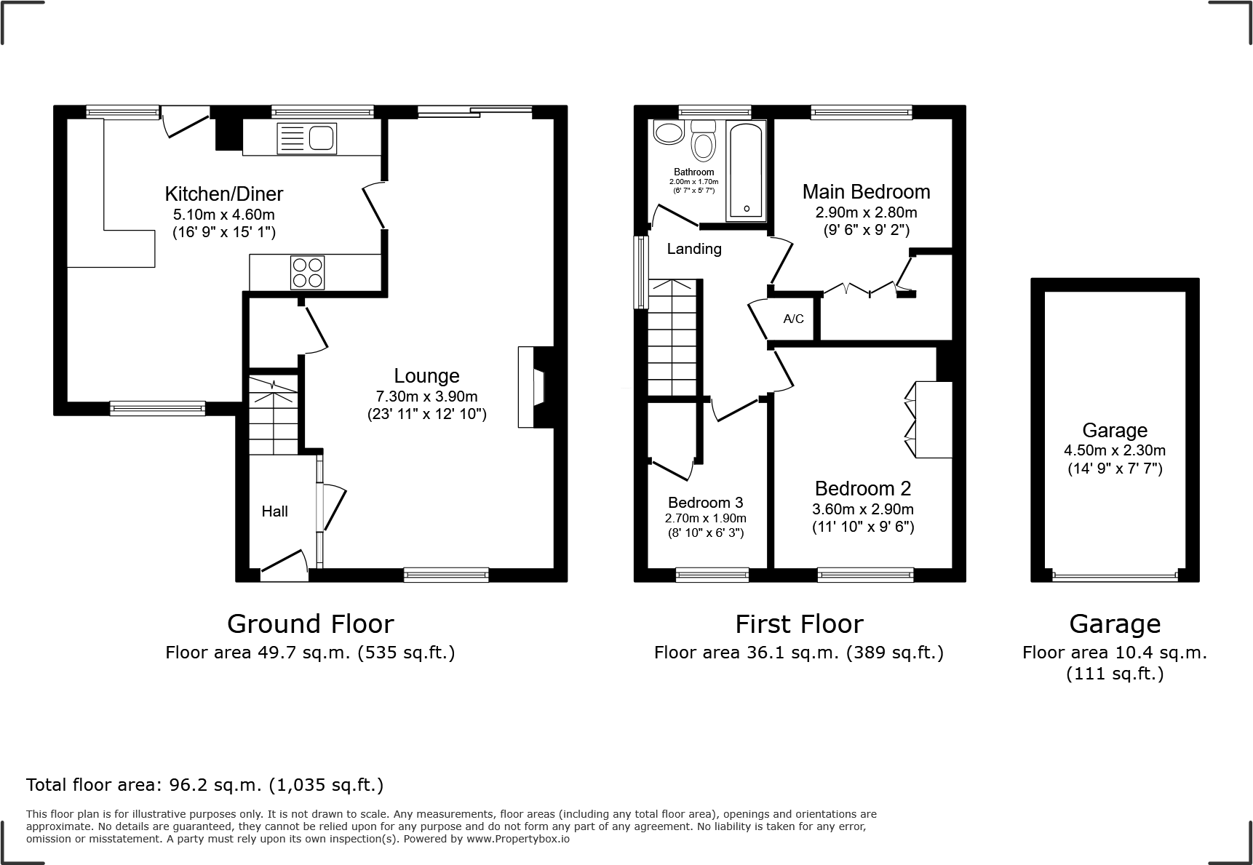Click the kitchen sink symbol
click(x=307, y=138)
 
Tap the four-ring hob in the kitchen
click(x=307, y=273)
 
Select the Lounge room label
click(x=426, y=376)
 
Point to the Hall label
click(x=274, y=511)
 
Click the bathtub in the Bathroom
click(x=747, y=170)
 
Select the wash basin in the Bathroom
click(x=667, y=132)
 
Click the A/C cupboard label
click(x=793, y=319)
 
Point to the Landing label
click(x=694, y=249)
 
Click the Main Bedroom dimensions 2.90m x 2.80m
click(x=866, y=213)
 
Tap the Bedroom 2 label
click(x=862, y=488)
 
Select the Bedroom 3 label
click(x=705, y=503)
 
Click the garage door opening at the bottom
click(x=1114, y=576)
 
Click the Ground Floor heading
click(x=310, y=624)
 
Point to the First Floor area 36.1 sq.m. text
click(x=798, y=653)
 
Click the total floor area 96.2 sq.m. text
click(x=204, y=785)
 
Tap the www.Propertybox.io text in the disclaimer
click(x=517, y=839)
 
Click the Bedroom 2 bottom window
click(x=865, y=575)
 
